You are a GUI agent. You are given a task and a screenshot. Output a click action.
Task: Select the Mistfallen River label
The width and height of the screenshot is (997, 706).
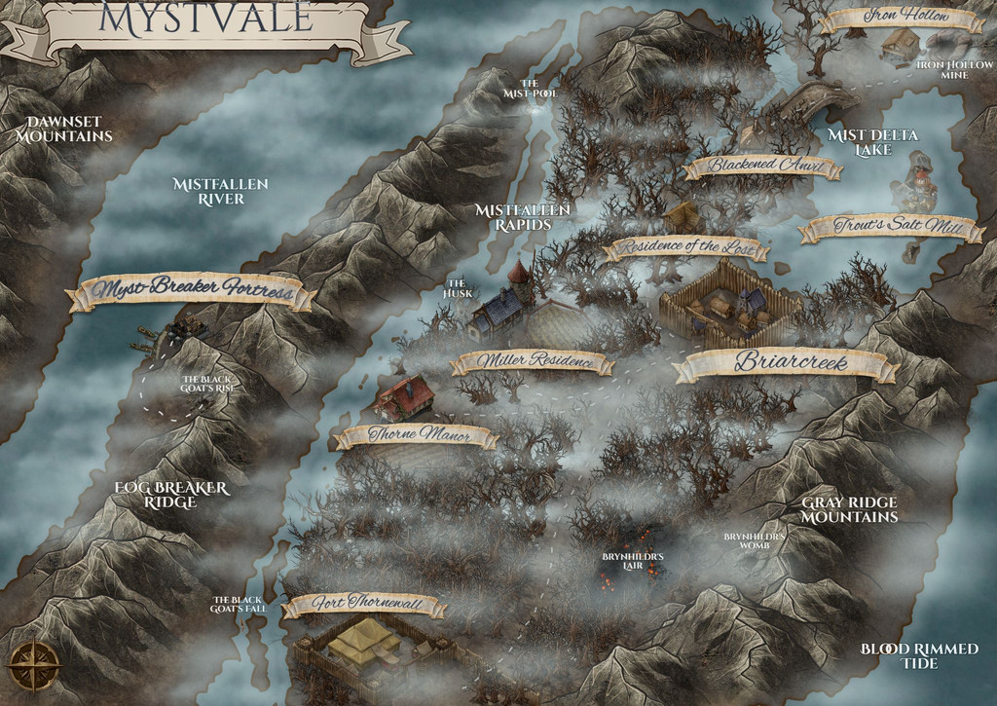(220, 191)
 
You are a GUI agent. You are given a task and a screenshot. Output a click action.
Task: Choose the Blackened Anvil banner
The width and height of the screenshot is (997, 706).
(762, 167)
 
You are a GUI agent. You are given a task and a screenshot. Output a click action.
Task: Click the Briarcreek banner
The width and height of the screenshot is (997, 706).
(787, 363)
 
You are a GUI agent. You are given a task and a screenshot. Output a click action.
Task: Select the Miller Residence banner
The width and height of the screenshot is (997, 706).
(533, 362)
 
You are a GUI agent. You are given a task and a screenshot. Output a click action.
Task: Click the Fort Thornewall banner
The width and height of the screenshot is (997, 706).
(364, 605)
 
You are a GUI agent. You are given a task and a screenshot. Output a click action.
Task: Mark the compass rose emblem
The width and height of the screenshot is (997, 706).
(34, 667)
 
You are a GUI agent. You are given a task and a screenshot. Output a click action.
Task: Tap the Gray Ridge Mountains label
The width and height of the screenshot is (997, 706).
(849, 509)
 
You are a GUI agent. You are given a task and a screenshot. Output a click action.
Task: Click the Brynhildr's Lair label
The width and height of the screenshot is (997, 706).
(633, 560)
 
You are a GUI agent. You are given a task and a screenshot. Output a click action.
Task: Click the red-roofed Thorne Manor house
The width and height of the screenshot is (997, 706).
(404, 397)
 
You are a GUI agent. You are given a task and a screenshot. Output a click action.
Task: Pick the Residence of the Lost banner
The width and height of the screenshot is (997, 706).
(685, 247)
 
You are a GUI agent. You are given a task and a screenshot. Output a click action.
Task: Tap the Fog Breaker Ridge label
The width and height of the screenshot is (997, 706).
(170, 494)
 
